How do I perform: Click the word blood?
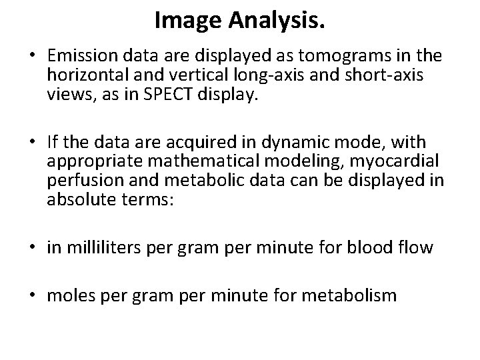click(x=377, y=249)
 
